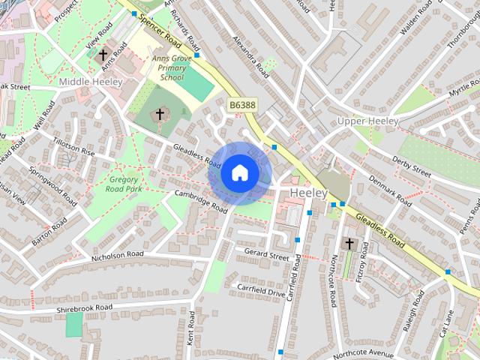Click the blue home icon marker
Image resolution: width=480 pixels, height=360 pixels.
(x=239, y=172)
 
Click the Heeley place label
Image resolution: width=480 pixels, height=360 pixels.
(x=308, y=193)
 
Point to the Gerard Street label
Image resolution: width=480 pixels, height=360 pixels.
(x=266, y=256)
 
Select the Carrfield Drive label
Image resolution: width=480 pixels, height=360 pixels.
(x=261, y=290)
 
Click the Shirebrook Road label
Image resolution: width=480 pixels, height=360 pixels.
(x=83, y=307)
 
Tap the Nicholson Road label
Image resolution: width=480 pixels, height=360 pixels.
(x=117, y=255)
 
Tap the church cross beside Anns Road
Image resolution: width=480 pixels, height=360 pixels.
(x=103, y=55)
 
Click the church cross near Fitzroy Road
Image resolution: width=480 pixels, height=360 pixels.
(x=349, y=244)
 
